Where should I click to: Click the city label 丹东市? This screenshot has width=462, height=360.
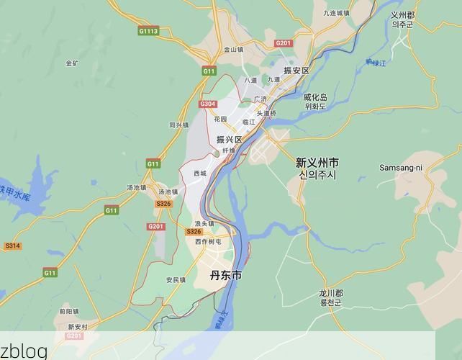226,276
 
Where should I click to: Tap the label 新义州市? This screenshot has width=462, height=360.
317,163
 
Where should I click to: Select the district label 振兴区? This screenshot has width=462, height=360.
230,140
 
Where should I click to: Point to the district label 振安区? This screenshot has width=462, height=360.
296,71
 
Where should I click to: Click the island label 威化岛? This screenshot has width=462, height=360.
315,97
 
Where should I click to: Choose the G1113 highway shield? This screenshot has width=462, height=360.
148,31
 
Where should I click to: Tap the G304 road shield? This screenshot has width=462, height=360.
208,104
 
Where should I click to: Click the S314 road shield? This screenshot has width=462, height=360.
12,246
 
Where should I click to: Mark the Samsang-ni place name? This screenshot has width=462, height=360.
401,168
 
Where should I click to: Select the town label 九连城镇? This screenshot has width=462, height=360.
336,13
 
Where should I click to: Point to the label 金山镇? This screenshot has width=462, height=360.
233,50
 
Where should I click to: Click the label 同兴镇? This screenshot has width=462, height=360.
178,125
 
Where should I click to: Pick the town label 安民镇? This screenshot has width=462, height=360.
176,279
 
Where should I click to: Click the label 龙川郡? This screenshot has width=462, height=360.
331,294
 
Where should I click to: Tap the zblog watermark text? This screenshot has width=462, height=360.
24,351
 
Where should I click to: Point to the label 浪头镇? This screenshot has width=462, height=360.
204,224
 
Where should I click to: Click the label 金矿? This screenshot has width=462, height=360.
72,63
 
